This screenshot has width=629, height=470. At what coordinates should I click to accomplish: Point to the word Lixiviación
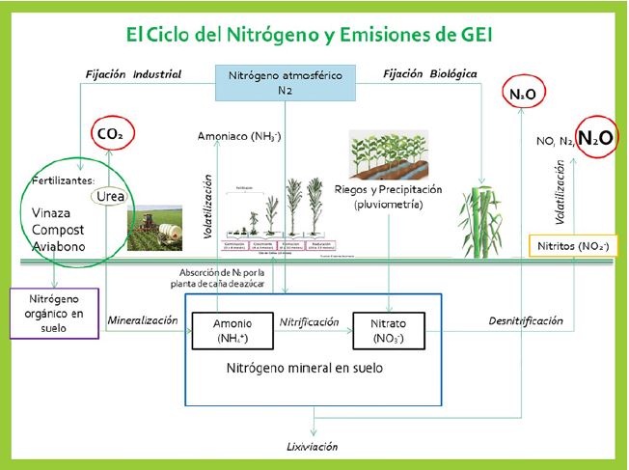click(x=313, y=448)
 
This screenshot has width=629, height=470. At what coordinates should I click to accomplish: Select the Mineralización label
click(x=143, y=319)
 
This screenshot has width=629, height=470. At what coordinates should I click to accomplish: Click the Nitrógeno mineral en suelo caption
click(x=304, y=369)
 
